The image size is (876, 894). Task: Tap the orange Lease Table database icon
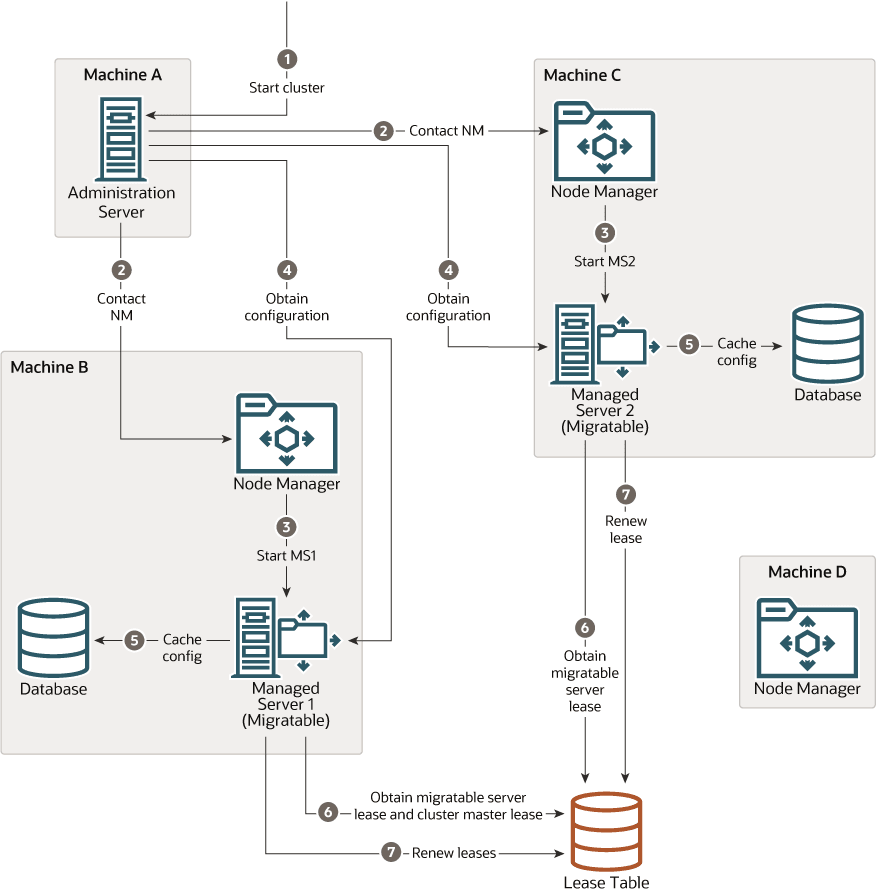(x=606, y=831)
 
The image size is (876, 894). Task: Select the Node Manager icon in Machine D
(x=806, y=637)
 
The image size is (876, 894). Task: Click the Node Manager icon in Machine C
(x=604, y=142)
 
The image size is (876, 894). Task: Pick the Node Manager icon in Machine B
(x=287, y=432)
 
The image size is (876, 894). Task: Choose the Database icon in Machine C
(x=827, y=343)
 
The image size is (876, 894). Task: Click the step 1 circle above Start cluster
(x=287, y=59)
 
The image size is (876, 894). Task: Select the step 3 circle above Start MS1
(x=287, y=526)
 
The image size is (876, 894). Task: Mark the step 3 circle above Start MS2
(x=604, y=232)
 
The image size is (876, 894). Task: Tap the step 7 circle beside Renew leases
(x=390, y=853)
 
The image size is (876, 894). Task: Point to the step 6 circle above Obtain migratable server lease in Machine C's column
(x=585, y=627)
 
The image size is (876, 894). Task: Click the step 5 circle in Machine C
(x=688, y=344)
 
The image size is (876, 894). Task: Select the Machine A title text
(x=122, y=74)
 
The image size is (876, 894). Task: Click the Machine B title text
(x=49, y=367)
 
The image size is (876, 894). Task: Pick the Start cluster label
(x=287, y=87)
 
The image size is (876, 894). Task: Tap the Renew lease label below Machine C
(x=626, y=529)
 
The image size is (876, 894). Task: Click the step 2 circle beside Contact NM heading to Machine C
(x=383, y=130)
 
